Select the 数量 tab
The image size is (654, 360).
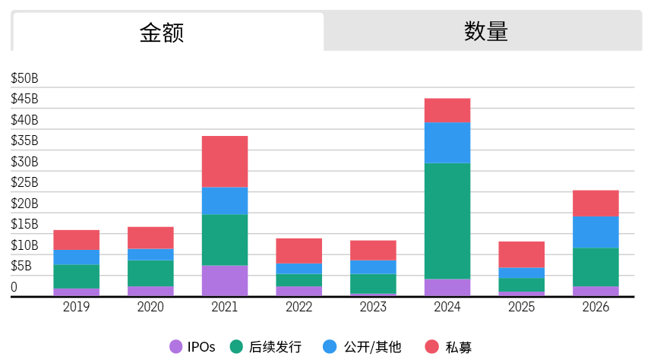pos(486,32)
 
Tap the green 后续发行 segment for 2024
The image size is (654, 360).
pos(447,220)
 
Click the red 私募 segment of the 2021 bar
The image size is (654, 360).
pos(225,161)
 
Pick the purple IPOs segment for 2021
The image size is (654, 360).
pos(225,279)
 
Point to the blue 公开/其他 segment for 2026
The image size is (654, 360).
pos(596,232)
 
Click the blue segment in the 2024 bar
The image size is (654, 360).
pos(447,142)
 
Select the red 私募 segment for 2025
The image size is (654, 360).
pos(522,254)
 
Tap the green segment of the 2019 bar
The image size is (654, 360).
pos(76,276)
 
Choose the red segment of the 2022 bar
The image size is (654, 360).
pos(299,251)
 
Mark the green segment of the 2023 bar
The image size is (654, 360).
pos(373,283)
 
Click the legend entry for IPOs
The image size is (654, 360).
pos(193,347)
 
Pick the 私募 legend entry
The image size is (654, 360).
pos(449,347)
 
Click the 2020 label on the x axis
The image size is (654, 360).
pos(150,307)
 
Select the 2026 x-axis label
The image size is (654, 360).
pos(596,307)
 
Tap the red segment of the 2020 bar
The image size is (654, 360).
pos(150,237)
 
